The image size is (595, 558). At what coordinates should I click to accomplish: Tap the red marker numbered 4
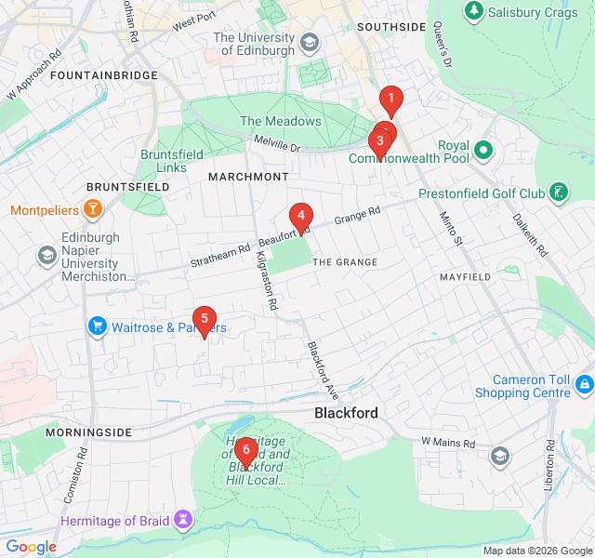click(x=300, y=217)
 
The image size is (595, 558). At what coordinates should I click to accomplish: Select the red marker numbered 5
click(x=204, y=319)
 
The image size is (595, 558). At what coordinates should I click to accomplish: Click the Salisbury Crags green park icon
click(x=474, y=9)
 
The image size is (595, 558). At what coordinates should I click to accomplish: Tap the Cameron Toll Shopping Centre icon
click(x=584, y=383)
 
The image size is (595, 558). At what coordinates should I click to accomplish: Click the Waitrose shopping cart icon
click(x=97, y=326)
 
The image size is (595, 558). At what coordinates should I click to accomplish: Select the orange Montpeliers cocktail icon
click(x=92, y=209)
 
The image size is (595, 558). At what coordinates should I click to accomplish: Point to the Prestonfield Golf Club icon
click(x=558, y=193)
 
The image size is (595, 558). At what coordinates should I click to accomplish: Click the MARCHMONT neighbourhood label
click(x=248, y=177)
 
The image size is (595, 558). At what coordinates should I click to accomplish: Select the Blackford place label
click(x=346, y=412)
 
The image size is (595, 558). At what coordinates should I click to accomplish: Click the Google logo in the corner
click(x=31, y=547)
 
